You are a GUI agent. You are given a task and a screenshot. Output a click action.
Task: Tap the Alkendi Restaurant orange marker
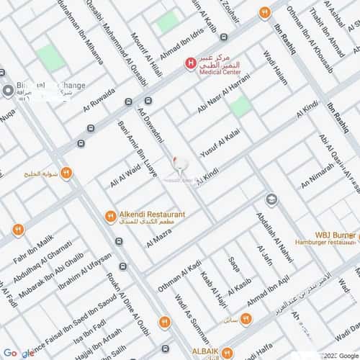(x=110, y=215)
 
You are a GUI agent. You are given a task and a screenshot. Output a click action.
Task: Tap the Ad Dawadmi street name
(x=151, y=123)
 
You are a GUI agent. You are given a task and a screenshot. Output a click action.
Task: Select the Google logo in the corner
(x=18, y=353)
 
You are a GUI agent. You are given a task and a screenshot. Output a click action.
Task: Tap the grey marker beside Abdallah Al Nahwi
(x=271, y=199)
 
